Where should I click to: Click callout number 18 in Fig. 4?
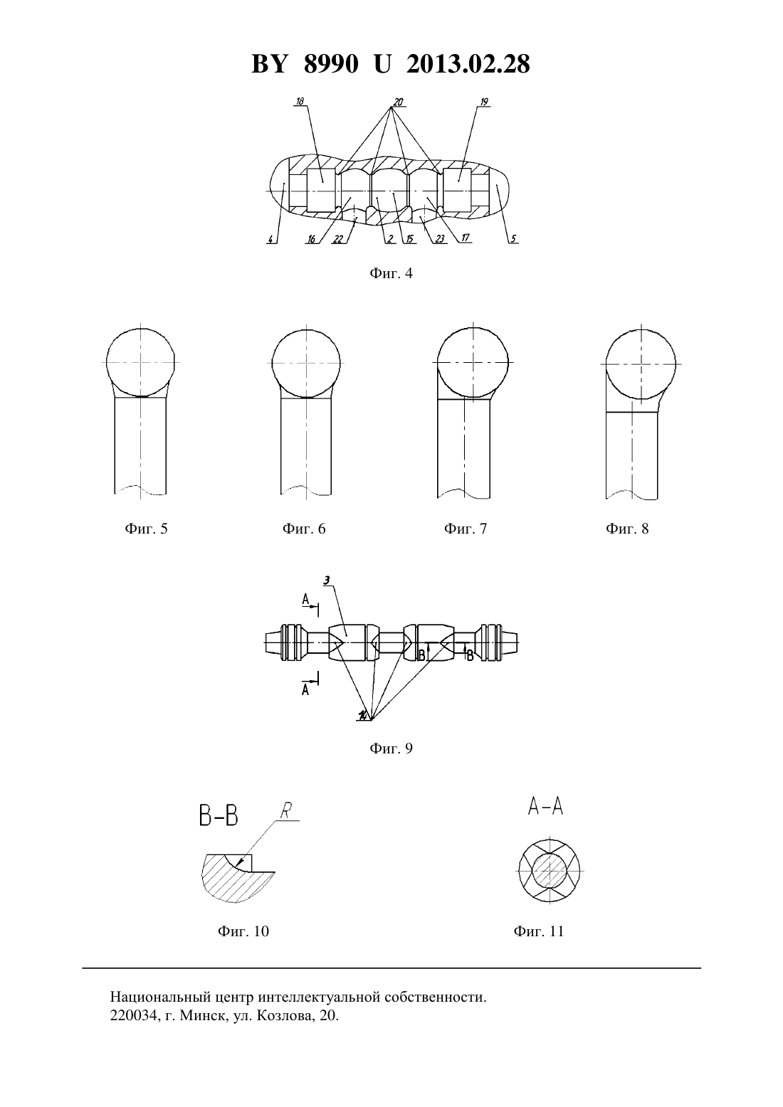coord(300,101)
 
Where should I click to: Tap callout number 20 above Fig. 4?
coord(398,102)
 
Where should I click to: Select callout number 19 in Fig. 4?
coord(484,102)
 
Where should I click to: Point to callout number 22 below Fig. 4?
coord(338,239)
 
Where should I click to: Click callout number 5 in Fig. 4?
coord(514,239)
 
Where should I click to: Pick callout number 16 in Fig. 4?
coord(311,240)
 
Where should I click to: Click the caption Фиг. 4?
coord(391,273)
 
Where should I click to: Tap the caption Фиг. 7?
coord(465,529)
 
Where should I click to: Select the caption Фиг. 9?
coord(391,748)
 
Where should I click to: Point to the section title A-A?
coord(546,807)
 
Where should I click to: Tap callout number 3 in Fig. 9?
coord(327,581)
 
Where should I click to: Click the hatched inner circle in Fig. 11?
coord(550,871)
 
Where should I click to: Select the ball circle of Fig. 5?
coord(140,362)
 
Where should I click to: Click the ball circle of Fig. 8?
coord(641,364)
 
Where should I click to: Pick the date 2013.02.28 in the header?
coord(468,64)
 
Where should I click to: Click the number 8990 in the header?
coord(331,64)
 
